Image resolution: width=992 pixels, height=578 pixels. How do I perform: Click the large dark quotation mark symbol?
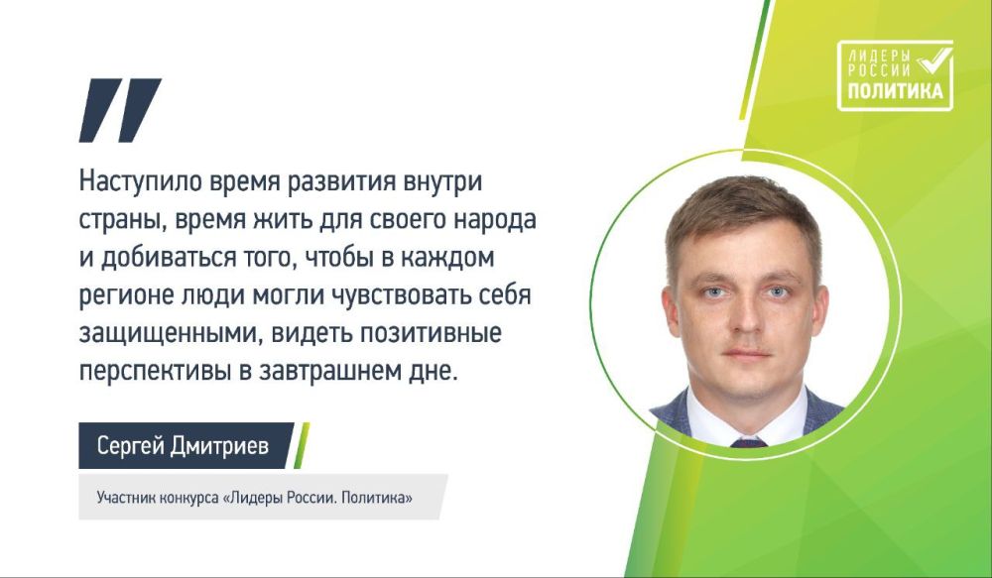point(120,110)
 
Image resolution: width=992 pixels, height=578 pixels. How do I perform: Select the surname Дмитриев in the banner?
point(219,446)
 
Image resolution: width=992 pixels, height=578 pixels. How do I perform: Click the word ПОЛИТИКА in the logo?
point(895,91)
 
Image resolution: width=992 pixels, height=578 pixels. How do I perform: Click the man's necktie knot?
point(749,442)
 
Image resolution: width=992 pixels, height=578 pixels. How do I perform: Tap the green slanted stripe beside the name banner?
point(302,446)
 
